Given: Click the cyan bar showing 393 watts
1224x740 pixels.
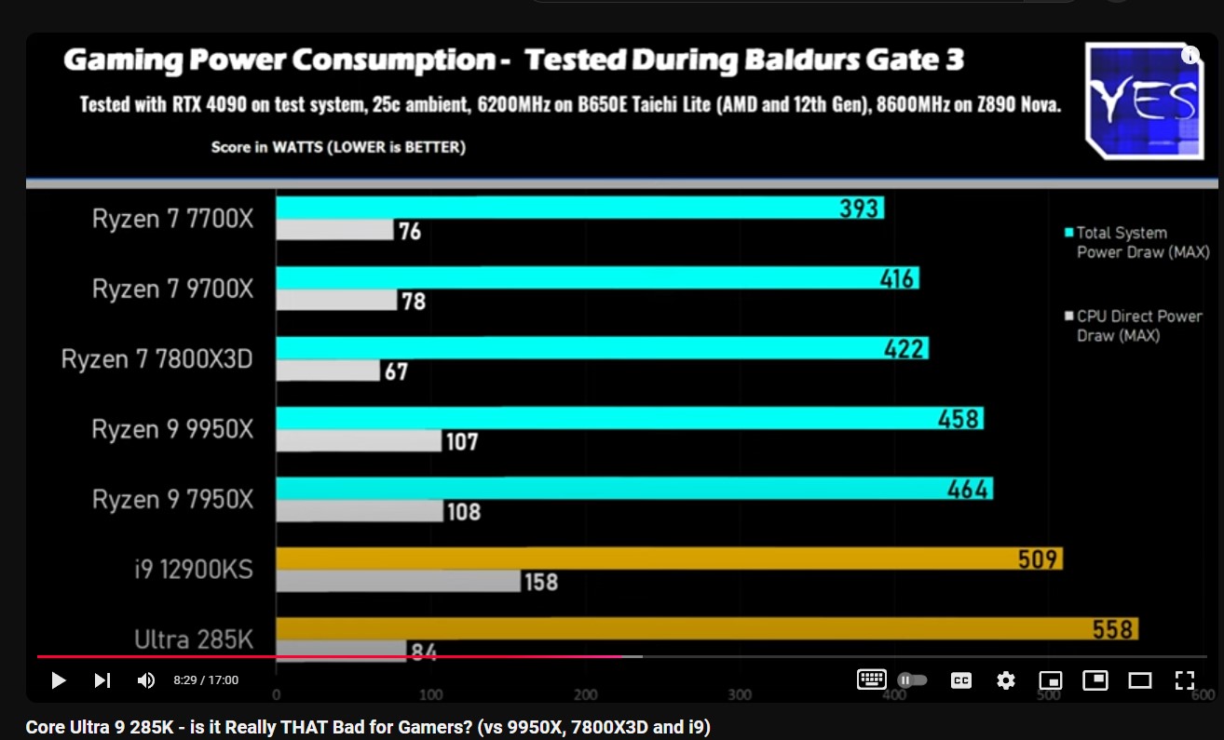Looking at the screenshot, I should coord(578,208).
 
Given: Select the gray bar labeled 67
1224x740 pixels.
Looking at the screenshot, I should coord(328,370).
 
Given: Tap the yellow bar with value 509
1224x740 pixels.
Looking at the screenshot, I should coord(668,558).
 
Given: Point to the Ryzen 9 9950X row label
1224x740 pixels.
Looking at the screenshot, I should coord(172,429).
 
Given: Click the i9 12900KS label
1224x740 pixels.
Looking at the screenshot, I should coord(193,569).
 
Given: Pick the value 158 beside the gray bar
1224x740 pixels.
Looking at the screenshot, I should coord(541,582).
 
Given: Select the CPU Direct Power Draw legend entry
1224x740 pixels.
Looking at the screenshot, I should coord(1137,326).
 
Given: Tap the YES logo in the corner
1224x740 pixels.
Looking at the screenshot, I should coord(1144,100).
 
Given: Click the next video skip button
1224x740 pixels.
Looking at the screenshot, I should coord(102,680).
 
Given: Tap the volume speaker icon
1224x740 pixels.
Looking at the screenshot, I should coord(146,680).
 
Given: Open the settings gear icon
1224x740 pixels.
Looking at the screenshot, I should coord(1006,680).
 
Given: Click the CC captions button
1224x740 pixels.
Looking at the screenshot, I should coord(960,680).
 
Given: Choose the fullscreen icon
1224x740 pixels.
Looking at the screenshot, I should coord(1184,680).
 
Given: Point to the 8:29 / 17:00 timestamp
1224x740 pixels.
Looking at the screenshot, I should coord(206,680).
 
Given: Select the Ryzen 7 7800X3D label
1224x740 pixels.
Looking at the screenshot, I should coord(157,359).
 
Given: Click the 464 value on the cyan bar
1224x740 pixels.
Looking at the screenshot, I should coord(967,489).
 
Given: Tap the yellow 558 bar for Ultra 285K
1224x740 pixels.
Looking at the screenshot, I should coord(706,628).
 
